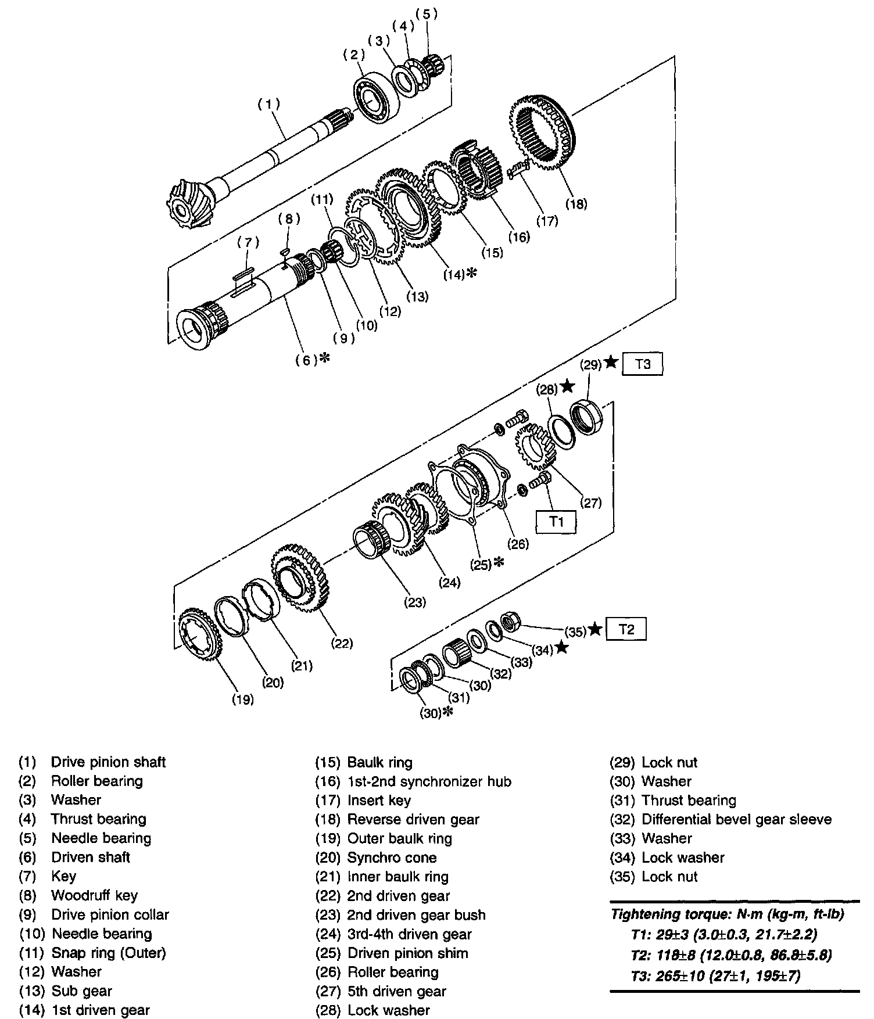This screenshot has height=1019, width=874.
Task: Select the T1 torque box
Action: [x=556, y=521]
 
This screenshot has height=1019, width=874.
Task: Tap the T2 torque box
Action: [x=626, y=630]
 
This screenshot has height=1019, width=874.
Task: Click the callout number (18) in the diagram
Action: [x=576, y=204]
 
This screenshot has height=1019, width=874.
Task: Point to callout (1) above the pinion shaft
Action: [x=269, y=104]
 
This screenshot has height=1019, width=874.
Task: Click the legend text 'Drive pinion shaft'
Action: [x=108, y=762]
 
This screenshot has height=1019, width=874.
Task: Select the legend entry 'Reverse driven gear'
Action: [x=413, y=819]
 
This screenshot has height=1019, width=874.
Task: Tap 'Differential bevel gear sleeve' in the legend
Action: [x=736, y=819]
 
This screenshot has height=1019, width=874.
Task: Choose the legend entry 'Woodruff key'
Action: [x=94, y=895]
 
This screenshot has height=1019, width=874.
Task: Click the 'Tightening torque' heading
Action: [x=727, y=914]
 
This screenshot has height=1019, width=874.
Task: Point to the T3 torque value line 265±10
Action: [x=715, y=976]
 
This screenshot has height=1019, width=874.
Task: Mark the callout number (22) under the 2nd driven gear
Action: [x=342, y=643]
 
